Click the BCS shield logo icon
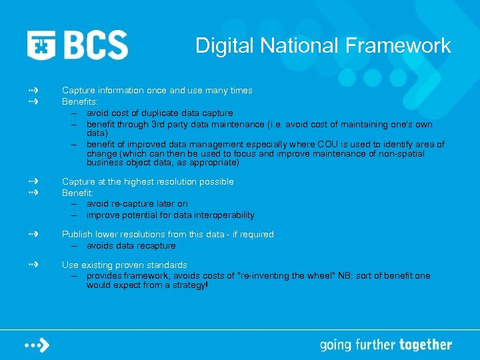coord(41,45)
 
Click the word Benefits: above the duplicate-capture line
coord(79,102)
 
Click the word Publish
coord(77,234)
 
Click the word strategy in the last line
coord(186,285)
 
